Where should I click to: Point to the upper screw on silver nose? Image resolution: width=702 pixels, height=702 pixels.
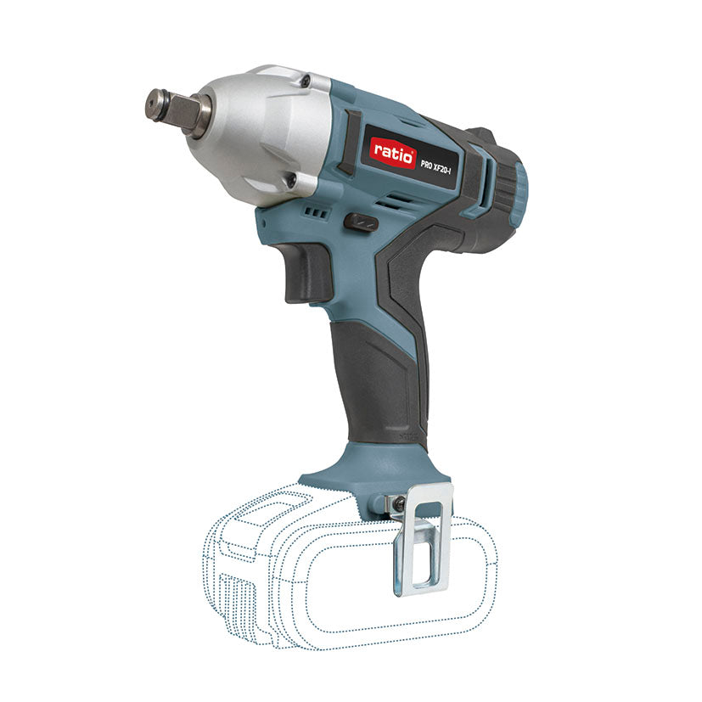304,81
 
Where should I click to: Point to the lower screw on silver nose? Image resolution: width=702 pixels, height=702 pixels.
290,180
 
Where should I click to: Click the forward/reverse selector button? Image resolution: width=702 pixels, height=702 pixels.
361,222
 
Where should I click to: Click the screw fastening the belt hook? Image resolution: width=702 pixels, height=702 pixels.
398,504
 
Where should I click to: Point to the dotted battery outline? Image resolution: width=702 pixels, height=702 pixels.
340,586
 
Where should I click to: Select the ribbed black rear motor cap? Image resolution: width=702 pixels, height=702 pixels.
501,191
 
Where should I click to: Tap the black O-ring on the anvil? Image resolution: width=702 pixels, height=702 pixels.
198,112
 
